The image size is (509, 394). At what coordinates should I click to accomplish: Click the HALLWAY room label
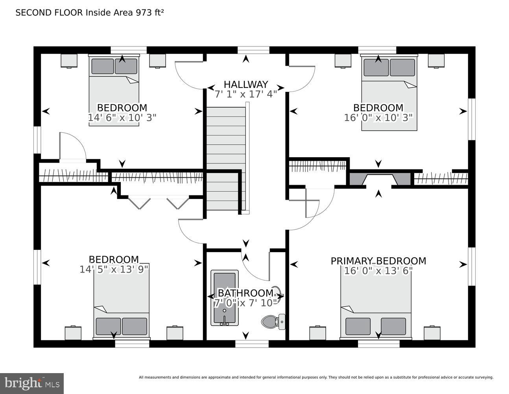point(246,84)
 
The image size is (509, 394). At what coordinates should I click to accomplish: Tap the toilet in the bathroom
point(273,322)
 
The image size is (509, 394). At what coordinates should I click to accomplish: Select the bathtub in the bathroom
point(224,298)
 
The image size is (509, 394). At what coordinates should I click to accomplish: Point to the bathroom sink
point(279,295)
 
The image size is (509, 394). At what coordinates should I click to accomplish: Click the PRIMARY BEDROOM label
point(378,261)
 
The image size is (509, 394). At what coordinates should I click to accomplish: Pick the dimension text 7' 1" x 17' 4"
point(246,94)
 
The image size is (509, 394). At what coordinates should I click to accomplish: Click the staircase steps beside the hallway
point(226,159)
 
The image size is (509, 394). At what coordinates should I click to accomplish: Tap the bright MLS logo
point(32,383)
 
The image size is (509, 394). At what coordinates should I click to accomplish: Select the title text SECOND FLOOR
point(49,13)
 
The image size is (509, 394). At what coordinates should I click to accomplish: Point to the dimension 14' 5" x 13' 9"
point(114,269)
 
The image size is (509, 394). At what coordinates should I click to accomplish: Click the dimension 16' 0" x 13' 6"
point(378,271)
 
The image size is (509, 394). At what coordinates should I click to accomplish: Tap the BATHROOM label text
point(246,293)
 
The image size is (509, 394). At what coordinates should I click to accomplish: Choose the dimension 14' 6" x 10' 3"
point(122,117)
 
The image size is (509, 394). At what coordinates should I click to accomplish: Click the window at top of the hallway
point(253,50)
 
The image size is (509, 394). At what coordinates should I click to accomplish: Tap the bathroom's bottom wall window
point(252,344)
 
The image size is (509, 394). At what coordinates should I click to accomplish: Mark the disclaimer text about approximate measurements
point(316,377)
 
